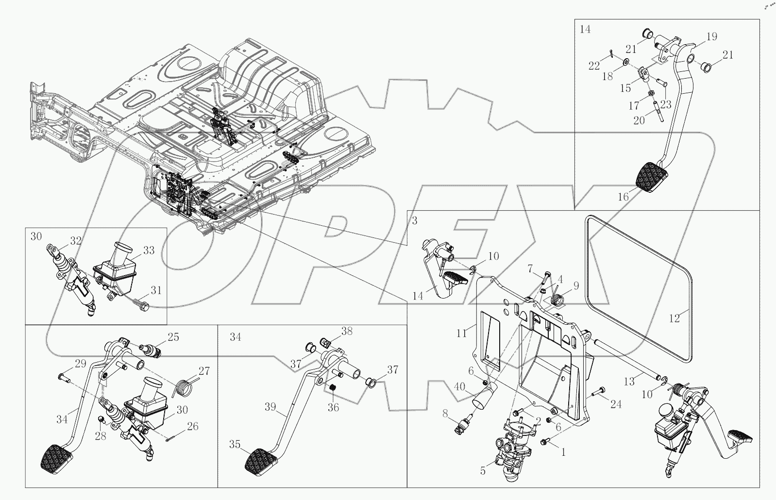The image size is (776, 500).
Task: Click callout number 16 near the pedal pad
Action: pyautogui.click(x=623, y=197)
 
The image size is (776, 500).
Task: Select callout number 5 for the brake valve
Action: pyautogui.click(x=483, y=470)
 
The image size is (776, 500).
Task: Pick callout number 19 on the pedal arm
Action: pyautogui.click(x=711, y=36)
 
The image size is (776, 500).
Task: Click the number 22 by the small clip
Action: pyautogui.click(x=594, y=66)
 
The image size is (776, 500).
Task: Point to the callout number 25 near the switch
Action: pyautogui.click(x=174, y=336)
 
